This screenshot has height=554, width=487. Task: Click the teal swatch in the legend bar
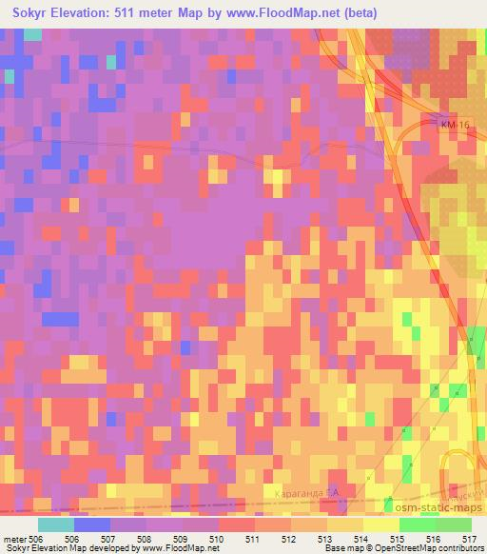tap(56, 524)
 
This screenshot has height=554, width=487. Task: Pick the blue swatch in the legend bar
tap(92, 524)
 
